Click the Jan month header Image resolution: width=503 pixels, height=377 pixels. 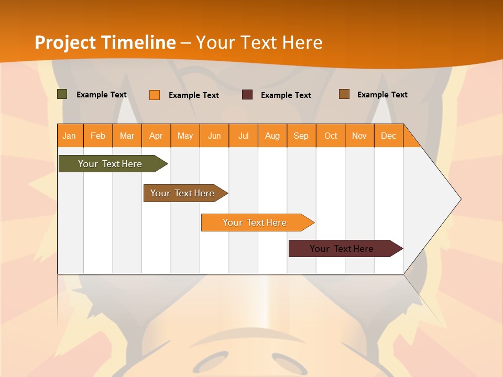pyautogui.click(x=69, y=136)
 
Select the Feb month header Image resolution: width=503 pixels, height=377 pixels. pyautogui.click(x=98, y=136)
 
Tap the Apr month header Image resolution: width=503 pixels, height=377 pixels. pyautogui.click(x=156, y=136)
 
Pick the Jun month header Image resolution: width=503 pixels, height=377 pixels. pyautogui.click(x=214, y=136)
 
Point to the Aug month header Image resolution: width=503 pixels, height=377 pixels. pyautogui.click(x=272, y=136)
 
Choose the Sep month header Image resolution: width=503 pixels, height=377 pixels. pyautogui.click(x=301, y=136)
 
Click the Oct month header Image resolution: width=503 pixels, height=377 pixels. pyautogui.click(x=331, y=136)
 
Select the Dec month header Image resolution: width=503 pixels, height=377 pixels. pyautogui.click(x=388, y=136)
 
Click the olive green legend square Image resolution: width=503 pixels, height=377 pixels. pyautogui.click(x=62, y=94)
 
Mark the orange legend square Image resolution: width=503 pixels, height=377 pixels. pyautogui.click(x=155, y=95)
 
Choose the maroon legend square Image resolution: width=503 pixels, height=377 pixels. pyautogui.click(x=247, y=95)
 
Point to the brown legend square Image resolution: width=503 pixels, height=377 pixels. pyautogui.click(x=344, y=94)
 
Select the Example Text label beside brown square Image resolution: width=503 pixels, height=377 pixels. pyautogui.click(x=382, y=95)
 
